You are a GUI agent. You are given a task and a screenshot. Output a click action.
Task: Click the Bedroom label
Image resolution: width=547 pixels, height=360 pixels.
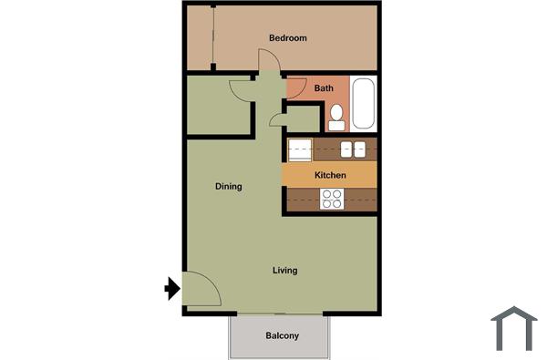pos(287,38)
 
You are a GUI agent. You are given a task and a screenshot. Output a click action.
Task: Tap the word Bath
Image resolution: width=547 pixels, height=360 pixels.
pos(324,88)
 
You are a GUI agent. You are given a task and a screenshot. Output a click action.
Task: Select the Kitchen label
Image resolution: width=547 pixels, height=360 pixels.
pos(329,174)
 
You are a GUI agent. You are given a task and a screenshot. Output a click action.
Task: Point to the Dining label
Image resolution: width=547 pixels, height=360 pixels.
pos(228,187)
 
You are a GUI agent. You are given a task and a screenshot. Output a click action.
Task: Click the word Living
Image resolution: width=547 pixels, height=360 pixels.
pos(284,271)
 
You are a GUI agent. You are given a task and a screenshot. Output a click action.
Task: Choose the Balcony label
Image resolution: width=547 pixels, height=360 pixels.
pos(282,335)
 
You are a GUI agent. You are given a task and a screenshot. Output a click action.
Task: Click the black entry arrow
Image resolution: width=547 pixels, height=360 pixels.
pos(171,289)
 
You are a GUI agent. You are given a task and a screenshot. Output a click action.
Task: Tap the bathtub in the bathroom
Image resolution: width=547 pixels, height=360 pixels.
pos(363,104)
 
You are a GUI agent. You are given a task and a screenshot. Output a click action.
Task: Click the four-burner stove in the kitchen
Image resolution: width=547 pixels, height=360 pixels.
pos(331,199)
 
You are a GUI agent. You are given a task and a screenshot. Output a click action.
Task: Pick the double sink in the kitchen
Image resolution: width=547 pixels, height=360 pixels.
pos(353,149)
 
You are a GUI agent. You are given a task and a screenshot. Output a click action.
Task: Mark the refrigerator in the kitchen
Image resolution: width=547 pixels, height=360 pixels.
pos(300,149)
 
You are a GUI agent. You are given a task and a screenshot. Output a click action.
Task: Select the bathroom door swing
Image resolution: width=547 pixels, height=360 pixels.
pos(295,87)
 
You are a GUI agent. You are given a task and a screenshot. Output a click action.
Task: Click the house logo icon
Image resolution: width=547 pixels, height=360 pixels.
pos(514,328)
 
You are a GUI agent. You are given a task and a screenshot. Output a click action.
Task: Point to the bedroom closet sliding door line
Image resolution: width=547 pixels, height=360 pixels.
pos(212,36)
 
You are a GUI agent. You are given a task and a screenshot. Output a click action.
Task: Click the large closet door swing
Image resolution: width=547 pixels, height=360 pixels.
pos(240,89)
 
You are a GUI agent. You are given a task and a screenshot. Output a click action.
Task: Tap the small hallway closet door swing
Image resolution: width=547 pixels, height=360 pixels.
pos(276,119)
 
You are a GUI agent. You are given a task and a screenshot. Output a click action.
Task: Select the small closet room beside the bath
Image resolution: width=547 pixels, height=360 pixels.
pos(303,119)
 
